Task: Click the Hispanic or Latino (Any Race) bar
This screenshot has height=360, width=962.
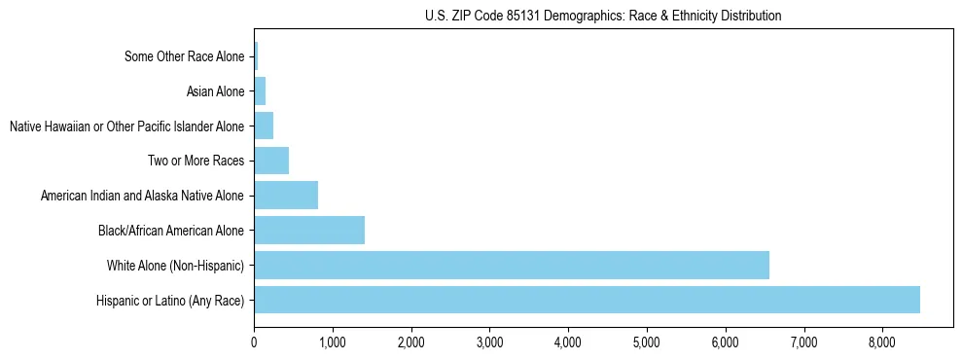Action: click(587, 300)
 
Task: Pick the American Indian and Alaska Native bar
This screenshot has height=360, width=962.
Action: click(286, 196)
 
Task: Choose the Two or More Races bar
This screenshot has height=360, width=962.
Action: click(271, 161)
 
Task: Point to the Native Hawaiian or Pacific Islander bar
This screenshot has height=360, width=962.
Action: click(264, 126)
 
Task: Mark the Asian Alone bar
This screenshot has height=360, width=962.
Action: click(260, 91)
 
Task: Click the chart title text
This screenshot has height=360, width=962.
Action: click(603, 16)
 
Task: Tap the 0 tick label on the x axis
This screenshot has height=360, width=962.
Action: click(254, 342)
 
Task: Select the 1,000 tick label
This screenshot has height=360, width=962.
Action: click(333, 342)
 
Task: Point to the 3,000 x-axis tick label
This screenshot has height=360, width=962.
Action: click(489, 342)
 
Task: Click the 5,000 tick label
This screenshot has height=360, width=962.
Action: click(647, 342)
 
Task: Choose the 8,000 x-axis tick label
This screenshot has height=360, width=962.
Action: click(882, 342)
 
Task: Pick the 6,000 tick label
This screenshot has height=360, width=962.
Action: click(726, 342)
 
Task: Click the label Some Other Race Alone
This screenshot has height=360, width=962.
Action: click(185, 56)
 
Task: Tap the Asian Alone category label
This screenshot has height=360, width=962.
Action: click(215, 91)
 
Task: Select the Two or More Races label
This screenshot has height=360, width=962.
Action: click(196, 161)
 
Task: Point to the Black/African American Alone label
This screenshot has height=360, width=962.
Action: click(171, 231)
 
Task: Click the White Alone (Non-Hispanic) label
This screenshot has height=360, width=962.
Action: click(175, 265)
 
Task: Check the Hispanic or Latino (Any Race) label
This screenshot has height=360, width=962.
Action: click(170, 300)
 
